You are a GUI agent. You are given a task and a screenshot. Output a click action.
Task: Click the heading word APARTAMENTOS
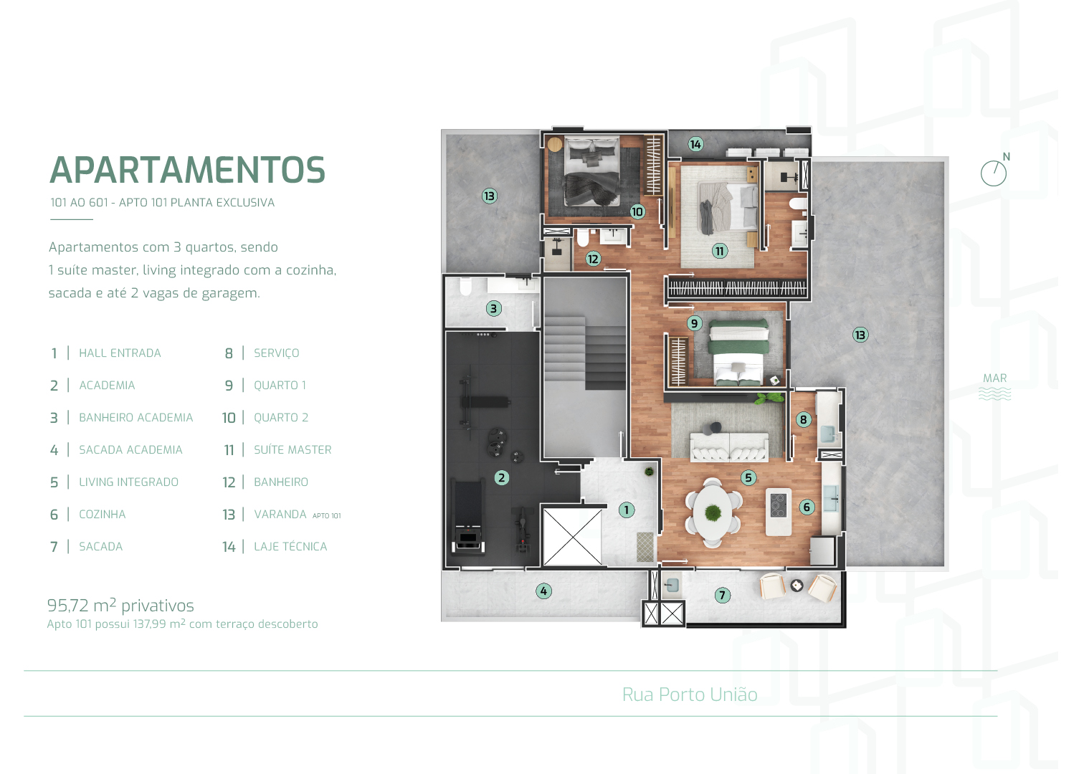[x=187, y=171]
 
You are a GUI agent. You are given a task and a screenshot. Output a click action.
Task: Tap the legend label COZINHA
[x=102, y=515]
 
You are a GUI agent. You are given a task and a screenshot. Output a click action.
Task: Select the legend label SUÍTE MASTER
[x=293, y=450]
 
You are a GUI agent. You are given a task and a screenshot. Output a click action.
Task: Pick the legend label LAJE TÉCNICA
[x=290, y=547]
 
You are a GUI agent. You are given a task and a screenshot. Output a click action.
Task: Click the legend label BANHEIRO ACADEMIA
[x=135, y=418]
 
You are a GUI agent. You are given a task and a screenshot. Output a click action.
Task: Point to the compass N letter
[x=1007, y=157]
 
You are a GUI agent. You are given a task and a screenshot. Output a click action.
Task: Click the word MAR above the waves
[x=994, y=378]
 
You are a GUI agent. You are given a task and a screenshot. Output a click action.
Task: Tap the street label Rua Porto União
[x=690, y=694]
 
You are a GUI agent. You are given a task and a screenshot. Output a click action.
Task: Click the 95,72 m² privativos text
[x=120, y=606]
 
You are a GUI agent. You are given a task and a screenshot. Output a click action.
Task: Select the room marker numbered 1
[x=627, y=510]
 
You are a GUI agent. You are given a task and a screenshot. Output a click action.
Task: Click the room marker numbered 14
[x=695, y=144]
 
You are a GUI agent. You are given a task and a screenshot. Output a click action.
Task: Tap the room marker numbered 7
[x=723, y=595]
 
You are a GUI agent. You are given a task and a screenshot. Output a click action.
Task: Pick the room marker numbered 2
[x=502, y=477]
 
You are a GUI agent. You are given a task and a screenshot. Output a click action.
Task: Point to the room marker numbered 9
[x=694, y=323]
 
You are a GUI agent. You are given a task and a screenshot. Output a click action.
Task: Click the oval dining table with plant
[x=712, y=512]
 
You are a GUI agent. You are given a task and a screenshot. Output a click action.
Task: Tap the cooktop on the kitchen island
[x=779, y=505]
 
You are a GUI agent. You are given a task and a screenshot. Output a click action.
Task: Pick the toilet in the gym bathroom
[x=465, y=287]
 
